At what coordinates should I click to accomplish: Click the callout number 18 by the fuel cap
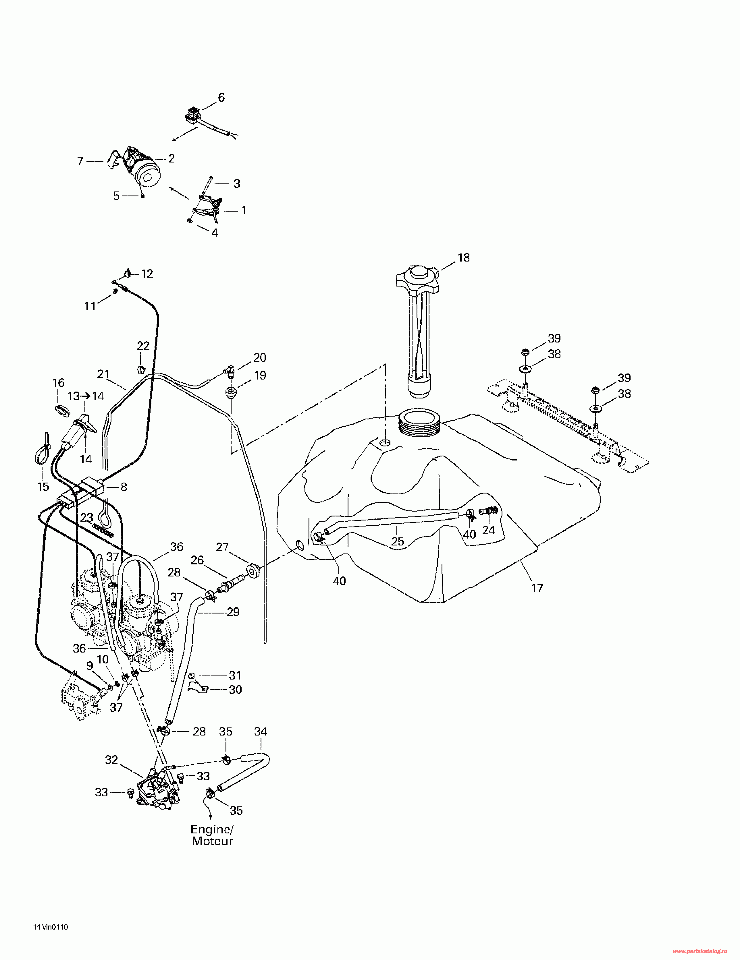click(464, 258)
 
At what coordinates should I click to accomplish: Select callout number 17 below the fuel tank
click(537, 588)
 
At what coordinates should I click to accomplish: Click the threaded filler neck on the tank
click(419, 422)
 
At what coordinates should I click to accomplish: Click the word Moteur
click(213, 841)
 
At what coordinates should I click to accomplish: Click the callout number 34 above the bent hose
click(261, 731)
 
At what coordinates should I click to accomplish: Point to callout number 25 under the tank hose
click(398, 541)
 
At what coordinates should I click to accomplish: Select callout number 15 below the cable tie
click(43, 487)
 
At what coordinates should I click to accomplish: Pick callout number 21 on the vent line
click(103, 374)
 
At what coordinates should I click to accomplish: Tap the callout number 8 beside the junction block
click(124, 487)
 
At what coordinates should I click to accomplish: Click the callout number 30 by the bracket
click(235, 690)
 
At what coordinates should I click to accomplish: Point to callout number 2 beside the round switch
click(171, 158)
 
